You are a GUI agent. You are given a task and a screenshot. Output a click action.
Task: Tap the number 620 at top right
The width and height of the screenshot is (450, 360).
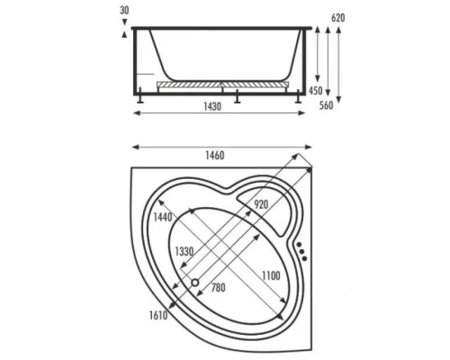pyautogui.click(x=338, y=17)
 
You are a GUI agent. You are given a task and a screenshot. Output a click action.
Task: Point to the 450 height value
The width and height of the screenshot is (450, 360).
pyautogui.click(x=316, y=90)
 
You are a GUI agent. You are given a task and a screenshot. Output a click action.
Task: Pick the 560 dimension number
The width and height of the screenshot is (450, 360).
pyautogui.click(x=338, y=103)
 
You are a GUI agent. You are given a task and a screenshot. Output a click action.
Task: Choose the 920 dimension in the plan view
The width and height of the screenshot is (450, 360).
pyautogui.click(x=261, y=204)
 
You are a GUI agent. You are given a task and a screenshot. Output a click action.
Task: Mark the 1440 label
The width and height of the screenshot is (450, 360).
pyautogui.click(x=162, y=218)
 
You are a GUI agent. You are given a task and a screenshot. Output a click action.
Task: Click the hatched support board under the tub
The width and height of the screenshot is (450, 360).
pyautogui.click(x=221, y=85)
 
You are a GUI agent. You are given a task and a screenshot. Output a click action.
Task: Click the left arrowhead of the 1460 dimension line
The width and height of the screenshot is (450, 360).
pyautogui.click(x=135, y=145)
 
